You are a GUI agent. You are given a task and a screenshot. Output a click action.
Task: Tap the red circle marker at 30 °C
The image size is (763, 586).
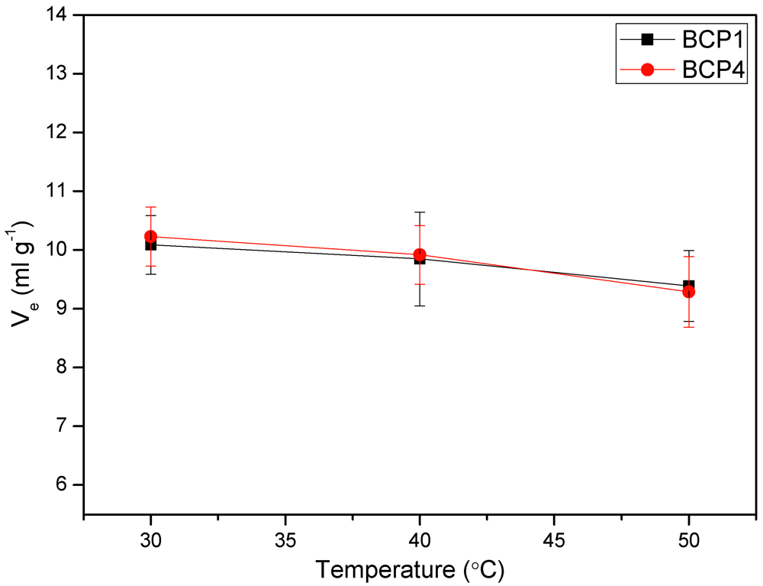150,237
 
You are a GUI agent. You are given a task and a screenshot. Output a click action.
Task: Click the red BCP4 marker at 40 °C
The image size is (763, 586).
420,254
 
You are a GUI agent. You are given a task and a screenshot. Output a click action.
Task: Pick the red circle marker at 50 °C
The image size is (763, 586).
689,292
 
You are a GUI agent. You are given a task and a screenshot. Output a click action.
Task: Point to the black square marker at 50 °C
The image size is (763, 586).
689,285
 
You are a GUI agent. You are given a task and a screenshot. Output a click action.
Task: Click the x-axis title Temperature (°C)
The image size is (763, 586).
410,569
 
